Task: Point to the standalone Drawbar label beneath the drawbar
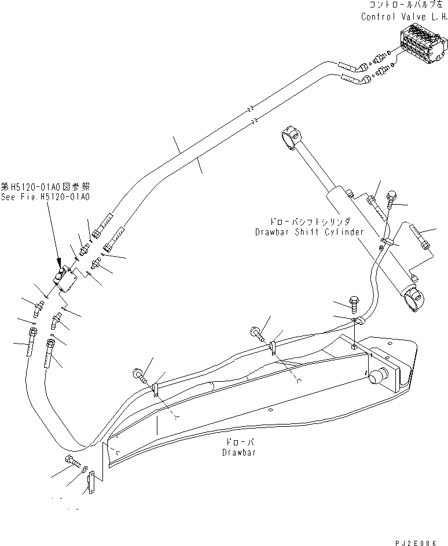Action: coord(238,452)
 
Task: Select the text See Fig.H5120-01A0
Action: coord(45,197)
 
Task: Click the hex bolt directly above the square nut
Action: coord(354,301)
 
